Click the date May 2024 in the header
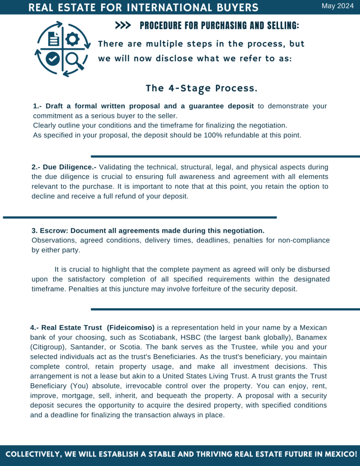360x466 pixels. point(338,6)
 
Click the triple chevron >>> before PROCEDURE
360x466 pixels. point(123,26)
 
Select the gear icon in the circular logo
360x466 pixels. point(72,39)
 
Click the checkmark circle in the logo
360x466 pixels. point(52,59)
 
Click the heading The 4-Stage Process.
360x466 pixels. point(202,87)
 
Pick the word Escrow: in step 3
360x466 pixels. point(55,230)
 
